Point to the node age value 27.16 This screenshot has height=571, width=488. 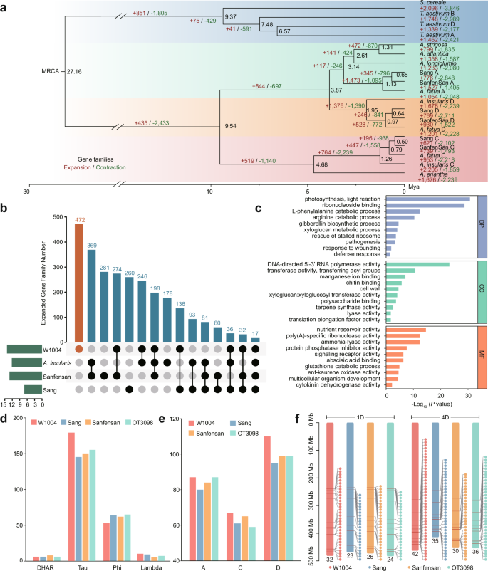point(74,72)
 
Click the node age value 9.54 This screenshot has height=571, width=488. point(230,125)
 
